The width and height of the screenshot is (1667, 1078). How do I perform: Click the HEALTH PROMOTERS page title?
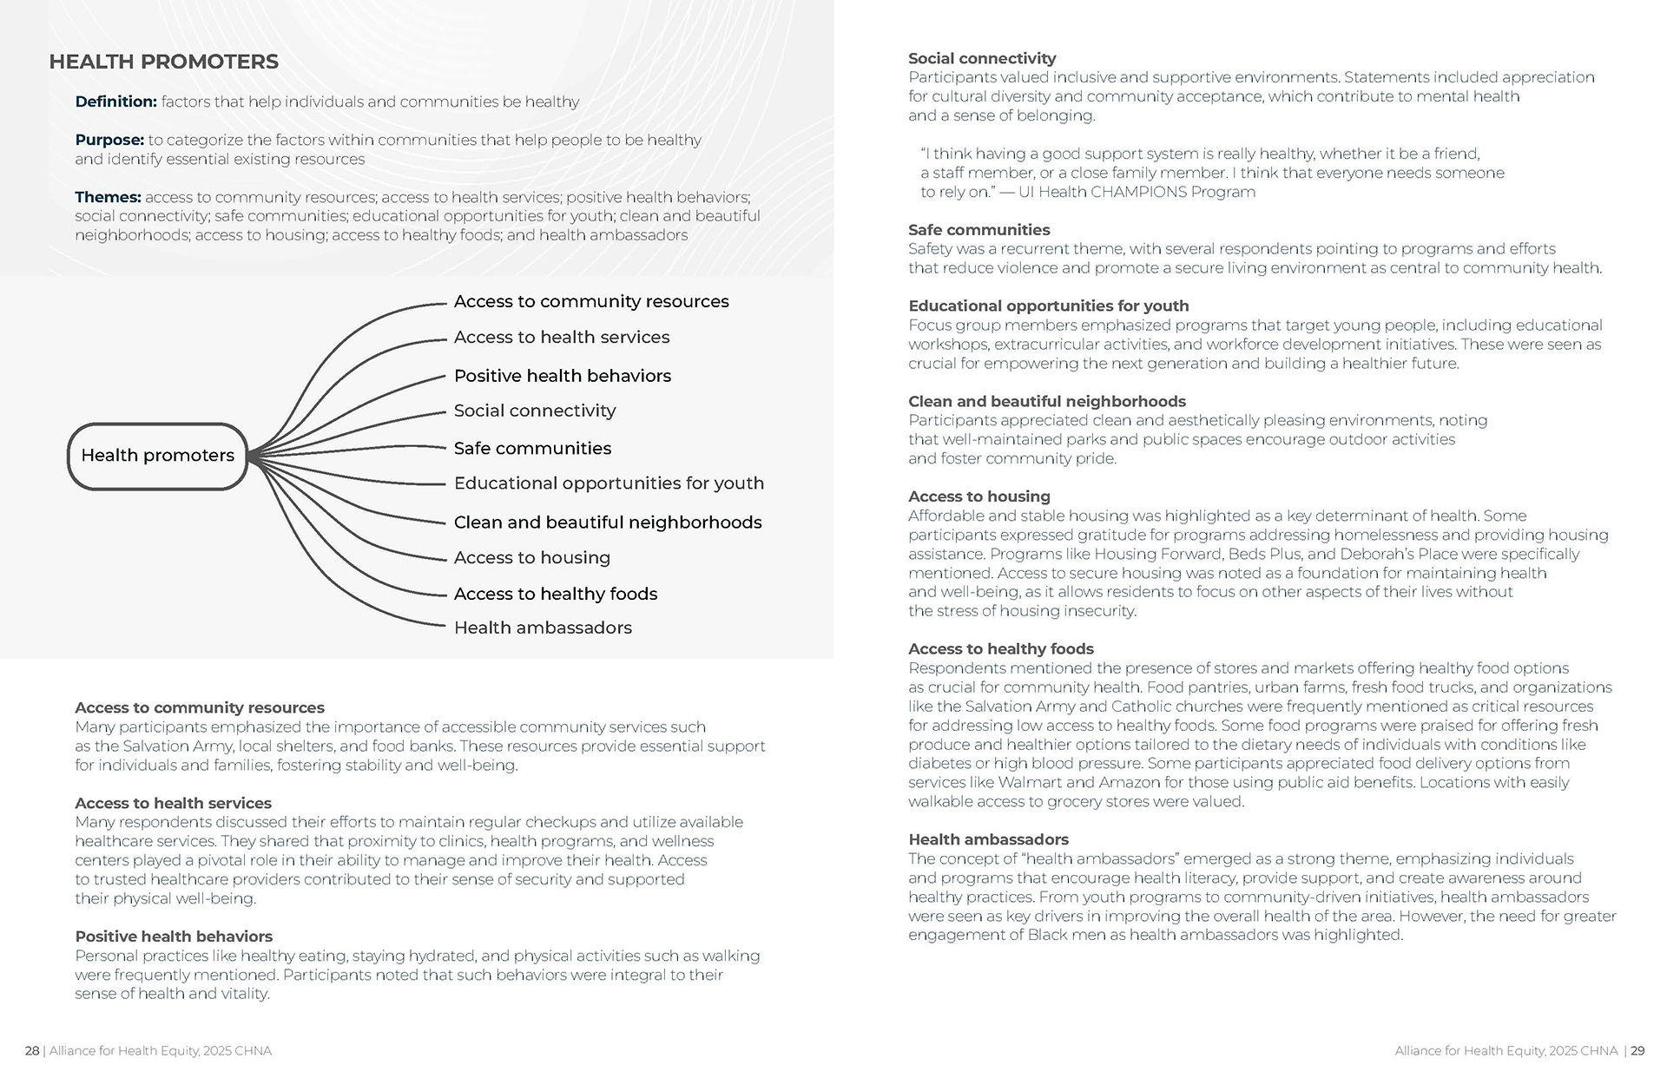[163, 62]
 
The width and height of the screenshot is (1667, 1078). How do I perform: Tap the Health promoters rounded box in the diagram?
[157, 456]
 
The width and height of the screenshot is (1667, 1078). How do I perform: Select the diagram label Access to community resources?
[590, 301]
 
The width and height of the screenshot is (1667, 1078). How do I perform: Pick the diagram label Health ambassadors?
[543, 628]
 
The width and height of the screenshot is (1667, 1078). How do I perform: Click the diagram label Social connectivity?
[534, 411]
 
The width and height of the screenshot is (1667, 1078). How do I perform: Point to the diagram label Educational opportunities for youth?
[608, 483]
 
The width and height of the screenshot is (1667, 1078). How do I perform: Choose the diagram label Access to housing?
[531, 557]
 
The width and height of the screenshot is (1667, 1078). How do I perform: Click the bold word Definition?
[115, 102]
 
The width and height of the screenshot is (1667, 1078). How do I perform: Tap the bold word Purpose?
[109, 140]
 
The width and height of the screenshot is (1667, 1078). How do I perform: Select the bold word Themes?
[108, 197]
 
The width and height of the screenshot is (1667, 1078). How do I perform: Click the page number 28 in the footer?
[32, 1050]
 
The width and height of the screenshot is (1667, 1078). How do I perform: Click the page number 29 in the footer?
[1637, 1050]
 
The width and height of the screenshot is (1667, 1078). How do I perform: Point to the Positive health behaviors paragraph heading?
[174, 937]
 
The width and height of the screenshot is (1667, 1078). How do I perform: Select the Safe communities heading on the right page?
[978, 230]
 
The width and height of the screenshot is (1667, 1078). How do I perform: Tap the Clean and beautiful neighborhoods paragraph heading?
[1046, 401]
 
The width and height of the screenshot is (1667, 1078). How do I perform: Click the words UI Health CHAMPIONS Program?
[1137, 192]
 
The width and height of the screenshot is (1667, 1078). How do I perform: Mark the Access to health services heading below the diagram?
[173, 803]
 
